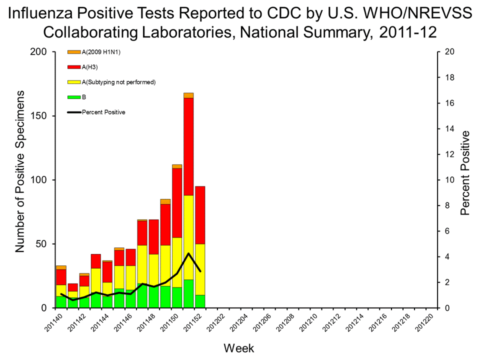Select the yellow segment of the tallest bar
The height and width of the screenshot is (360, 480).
tap(188, 225)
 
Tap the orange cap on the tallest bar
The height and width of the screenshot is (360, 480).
tap(188, 95)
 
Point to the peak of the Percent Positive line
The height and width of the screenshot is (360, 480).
tap(188, 253)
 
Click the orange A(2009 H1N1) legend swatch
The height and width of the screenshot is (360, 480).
tap(73, 52)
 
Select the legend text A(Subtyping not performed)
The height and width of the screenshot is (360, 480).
tap(119, 82)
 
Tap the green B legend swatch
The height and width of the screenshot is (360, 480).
tap(73, 97)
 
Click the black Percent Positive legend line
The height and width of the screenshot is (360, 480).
tap(73, 112)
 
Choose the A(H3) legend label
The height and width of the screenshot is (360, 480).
tap(90, 67)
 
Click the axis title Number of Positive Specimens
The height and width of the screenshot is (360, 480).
tap(20, 171)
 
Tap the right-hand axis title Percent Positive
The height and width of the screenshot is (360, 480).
tap(465, 173)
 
